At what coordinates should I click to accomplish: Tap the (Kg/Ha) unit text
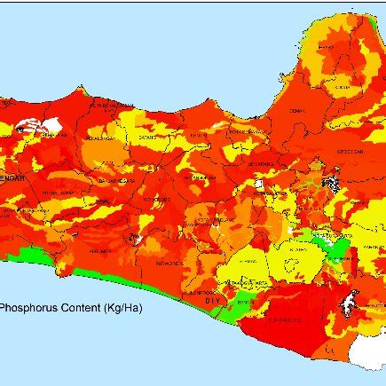[122, 309]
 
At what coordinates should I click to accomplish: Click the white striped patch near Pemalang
[43, 125]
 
